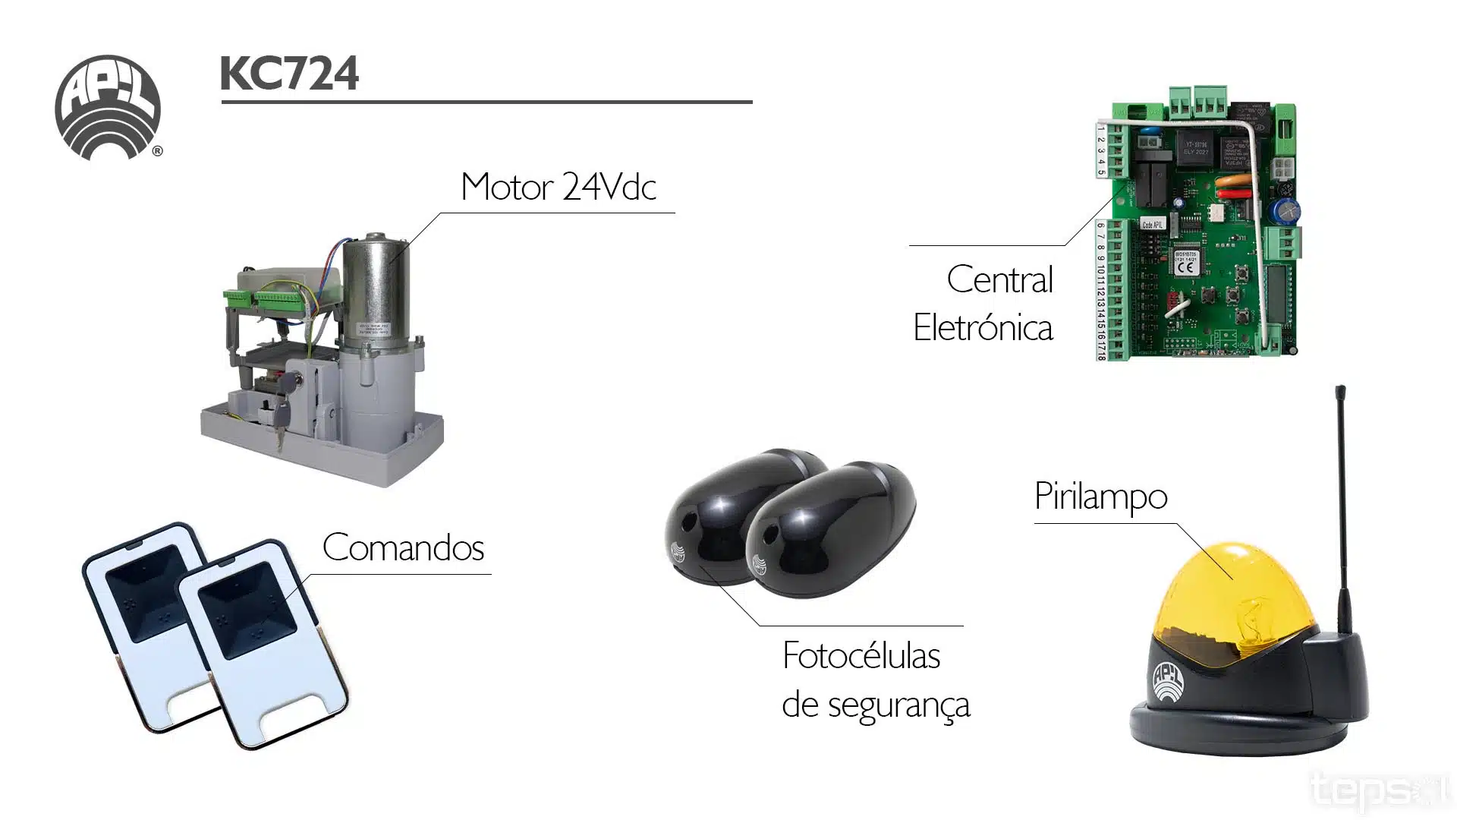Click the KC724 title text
pyautogui.click(x=289, y=74)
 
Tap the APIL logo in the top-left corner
pyautogui.click(x=108, y=106)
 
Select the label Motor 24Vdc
pyautogui.click(x=558, y=187)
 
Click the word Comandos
pyautogui.click(x=403, y=547)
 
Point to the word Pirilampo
pyautogui.click(x=1100, y=497)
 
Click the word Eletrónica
pyautogui.click(x=983, y=328)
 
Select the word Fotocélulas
pyautogui.click(x=861, y=656)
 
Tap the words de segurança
pyautogui.click(x=876, y=705)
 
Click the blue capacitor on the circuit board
pyautogui.click(x=1289, y=209)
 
